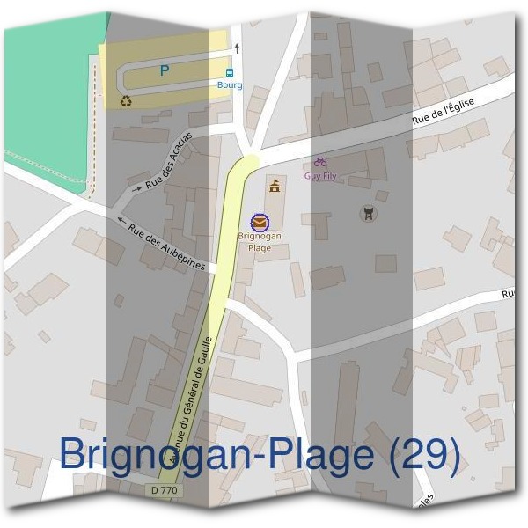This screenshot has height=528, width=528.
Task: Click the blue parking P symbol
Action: click(x=164, y=71)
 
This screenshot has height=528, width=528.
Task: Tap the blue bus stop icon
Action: click(x=230, y=73)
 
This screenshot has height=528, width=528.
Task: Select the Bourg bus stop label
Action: click(x=230, y=85)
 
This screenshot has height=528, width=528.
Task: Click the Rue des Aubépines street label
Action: click(x=166, y=246)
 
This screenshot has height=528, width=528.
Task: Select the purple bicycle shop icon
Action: click(x=320, y=162)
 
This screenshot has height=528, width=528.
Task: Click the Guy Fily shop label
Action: click(x=320, y=176)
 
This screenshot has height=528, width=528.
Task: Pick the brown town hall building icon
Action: click(x=275, y=185)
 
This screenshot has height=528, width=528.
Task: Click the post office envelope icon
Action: click(x=259, y=222)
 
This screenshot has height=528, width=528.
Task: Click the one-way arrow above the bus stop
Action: click(x=237, y=48)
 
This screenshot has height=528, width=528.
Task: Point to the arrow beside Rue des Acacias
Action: click(x=136, y=187)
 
